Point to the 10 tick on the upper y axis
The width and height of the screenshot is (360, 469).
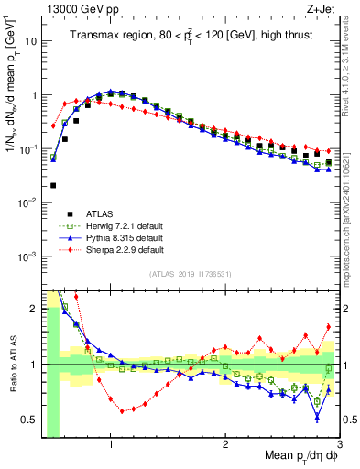point(30,41)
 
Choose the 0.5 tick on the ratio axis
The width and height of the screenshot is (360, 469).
point(28,420)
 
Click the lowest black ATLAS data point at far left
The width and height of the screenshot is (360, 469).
point(53,185)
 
